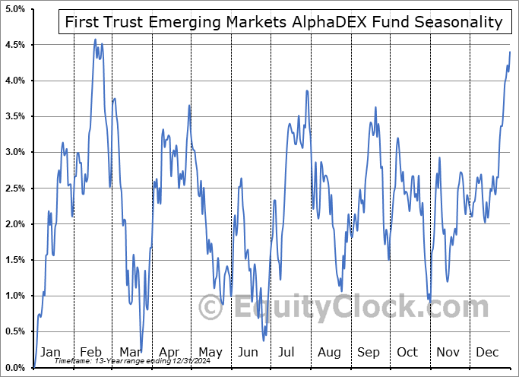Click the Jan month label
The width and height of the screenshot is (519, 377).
[x=50, y=352]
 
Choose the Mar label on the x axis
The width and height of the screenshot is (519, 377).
[x=130, y=352]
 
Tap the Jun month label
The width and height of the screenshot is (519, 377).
[x=248, y=352]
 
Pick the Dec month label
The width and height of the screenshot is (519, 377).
[x=487, y=352]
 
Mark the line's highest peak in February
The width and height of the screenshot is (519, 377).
[x=95, y=39]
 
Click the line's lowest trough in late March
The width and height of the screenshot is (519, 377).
[x=141, y=350]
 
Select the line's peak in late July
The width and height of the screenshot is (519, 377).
[x=307, y=90]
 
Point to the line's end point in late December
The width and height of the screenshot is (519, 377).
[x=510, y=52]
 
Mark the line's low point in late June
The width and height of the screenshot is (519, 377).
[x=264, y=340]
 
